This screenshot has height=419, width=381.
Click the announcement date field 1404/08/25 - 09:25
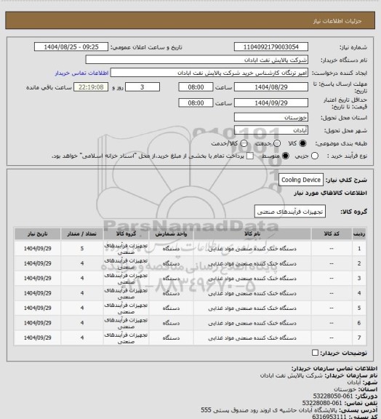click(x=73, y=47)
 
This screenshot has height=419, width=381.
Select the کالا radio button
click(x=304, y=143)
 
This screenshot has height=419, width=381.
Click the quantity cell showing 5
click(x=82, y=250)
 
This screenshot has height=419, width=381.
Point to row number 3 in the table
click(x=360, y=279)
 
